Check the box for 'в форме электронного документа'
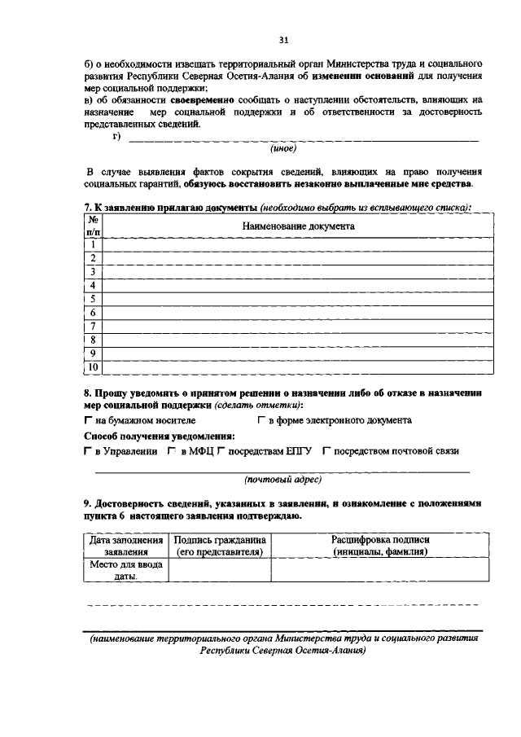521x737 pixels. pyautogui.click(x=262, y=421)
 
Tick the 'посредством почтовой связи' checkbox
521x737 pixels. pyautogui.click(x=326, y=451)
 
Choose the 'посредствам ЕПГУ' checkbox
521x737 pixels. pyautogui.click(x=221, y=451)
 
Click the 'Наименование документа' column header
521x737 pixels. pyautogui.click(x=298, y=226)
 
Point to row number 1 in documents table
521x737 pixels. pyautogui.click(x=94, y=244)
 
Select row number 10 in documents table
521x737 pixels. pyautogui.click(x=94, y=367)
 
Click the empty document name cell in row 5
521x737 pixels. pyautogui.click(x=298, y=299)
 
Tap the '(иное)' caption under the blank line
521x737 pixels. pyautogui.click(x=283, y=149)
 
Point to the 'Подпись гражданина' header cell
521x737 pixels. pyautogui.click(x=219, y=546)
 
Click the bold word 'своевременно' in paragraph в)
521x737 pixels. pyautogui.click(x=202, y=99)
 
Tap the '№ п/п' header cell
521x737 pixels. pyautogui.click(x=94, y=226)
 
